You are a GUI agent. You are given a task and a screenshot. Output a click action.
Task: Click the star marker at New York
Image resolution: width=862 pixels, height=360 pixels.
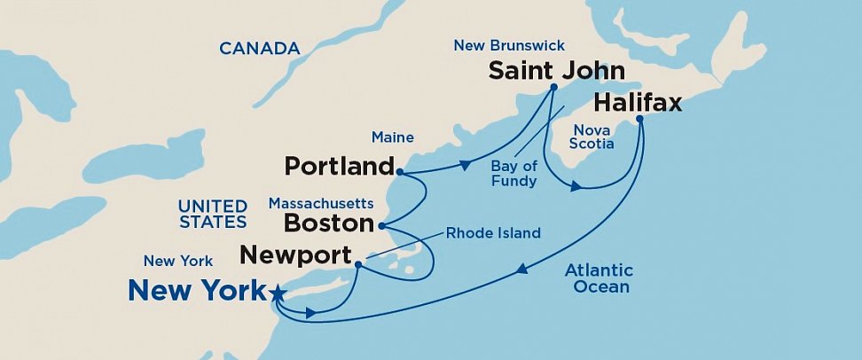(278, 292)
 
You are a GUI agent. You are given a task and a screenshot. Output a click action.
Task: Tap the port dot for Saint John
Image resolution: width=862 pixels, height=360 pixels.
(552, 87)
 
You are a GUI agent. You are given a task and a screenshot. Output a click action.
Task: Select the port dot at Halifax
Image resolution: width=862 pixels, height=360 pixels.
(639, 120)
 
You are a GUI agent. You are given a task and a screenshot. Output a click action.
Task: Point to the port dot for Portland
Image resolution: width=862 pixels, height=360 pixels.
(400, 172)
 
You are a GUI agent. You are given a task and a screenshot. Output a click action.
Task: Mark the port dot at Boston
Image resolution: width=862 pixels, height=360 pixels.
(380, 225)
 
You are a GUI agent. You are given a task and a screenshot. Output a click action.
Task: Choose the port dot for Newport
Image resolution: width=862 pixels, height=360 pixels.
(357, 264)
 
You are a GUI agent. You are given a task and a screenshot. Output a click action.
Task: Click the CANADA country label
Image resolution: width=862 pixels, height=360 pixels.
(259, 49)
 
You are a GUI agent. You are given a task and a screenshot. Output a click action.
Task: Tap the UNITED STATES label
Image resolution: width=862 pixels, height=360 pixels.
(213, 214)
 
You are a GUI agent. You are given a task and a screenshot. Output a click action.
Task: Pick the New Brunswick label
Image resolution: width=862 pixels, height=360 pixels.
(508, 45)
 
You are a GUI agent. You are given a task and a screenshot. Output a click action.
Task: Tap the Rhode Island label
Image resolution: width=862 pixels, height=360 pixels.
(493, 233)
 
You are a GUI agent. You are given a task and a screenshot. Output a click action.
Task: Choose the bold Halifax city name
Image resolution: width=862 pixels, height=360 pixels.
(637, 103)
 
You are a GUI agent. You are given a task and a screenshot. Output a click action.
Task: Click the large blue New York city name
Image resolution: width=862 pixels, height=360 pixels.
(196, 290)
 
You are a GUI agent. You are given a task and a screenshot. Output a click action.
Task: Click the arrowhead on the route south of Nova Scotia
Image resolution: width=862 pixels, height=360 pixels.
(576, 186)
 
